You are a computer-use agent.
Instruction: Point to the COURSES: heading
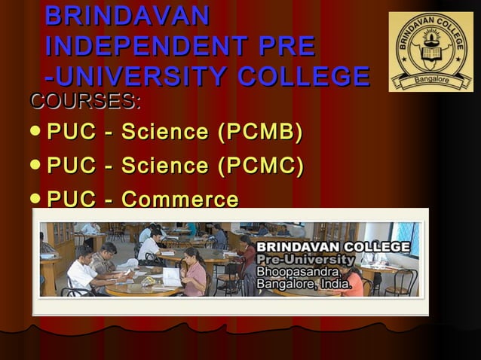pos(84,100)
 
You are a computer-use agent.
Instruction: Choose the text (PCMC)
pos(260,166)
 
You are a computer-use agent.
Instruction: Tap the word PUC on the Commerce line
pos(71,200)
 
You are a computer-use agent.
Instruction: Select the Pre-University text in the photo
pos(305,260)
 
